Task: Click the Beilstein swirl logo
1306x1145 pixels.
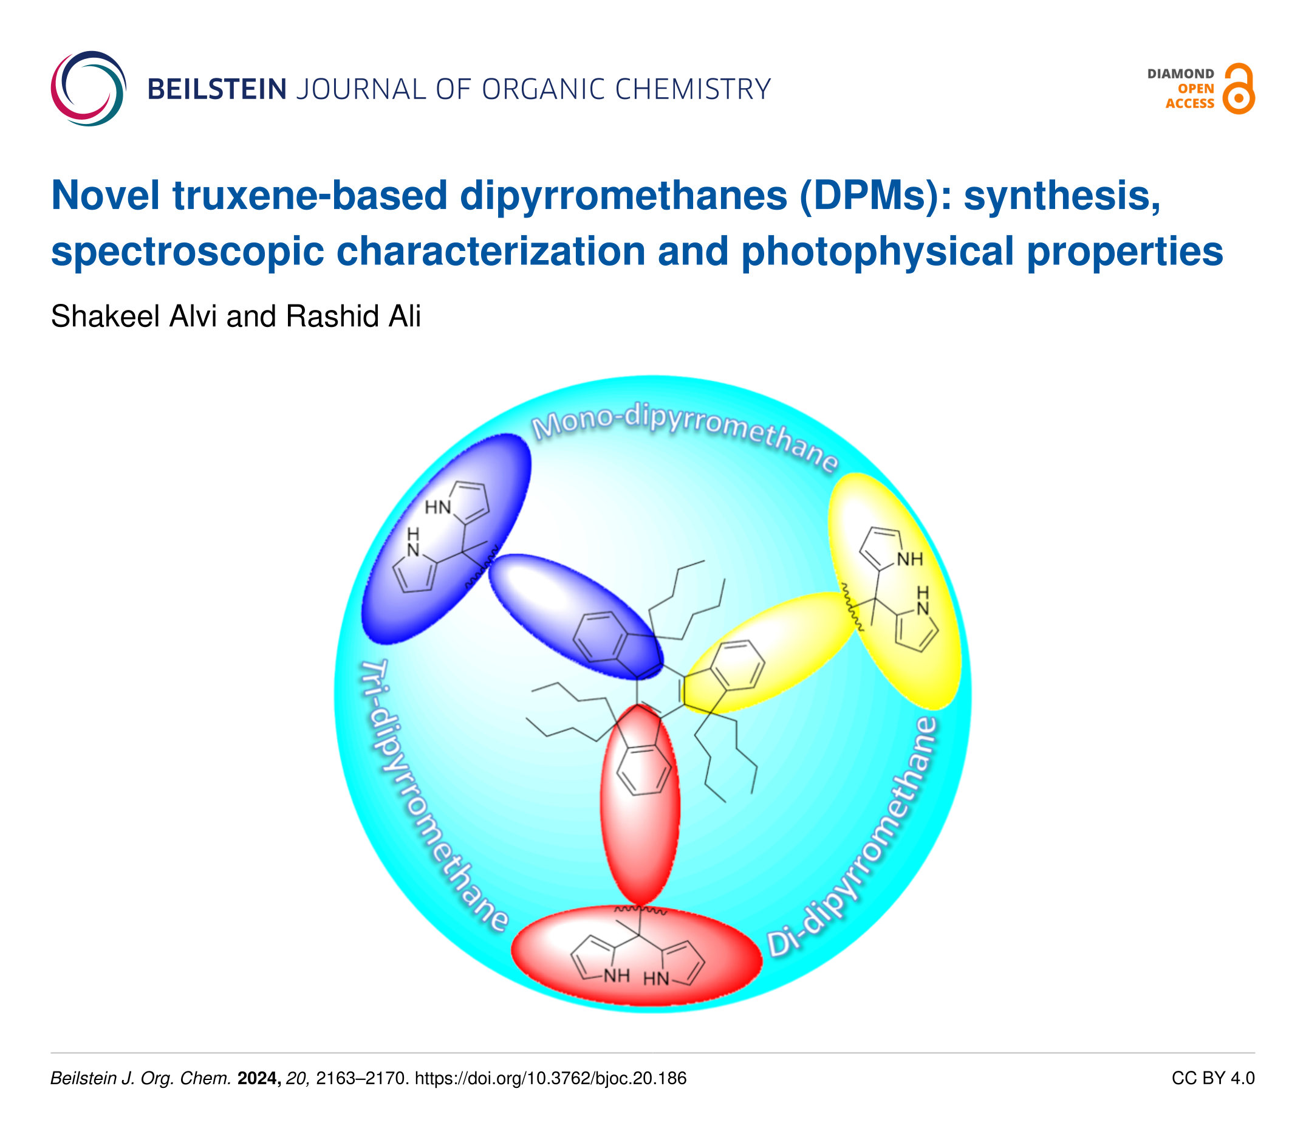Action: pos(88,88)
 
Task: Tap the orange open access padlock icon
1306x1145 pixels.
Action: pos(1238,89)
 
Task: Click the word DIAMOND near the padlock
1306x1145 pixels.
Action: pos(1180,74)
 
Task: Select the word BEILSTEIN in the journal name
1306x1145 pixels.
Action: pos(216,89)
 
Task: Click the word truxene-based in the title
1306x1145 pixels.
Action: pos(309,196)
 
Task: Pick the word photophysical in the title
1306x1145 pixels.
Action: pos(876,251)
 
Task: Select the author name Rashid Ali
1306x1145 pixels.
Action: pos(353,316)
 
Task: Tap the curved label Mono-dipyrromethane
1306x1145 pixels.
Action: pos(683,435)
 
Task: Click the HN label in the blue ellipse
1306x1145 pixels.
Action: pos(438,507)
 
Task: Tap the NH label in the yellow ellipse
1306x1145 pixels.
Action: pos(909,560)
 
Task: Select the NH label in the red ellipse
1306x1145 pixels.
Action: pos(617,975)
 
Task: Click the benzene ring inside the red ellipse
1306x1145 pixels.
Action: pos(644,769)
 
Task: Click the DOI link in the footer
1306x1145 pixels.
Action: pos(550,1079)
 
